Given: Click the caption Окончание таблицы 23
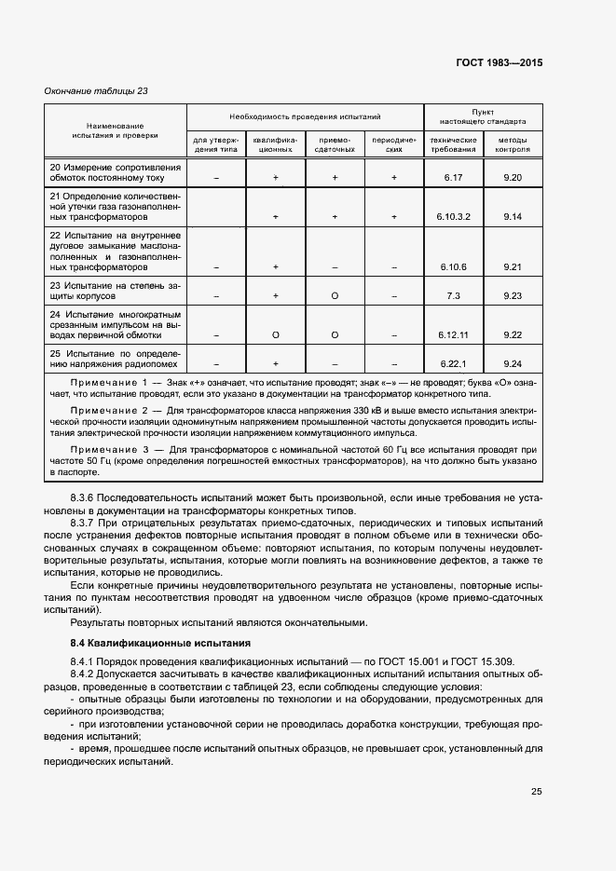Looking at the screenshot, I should (x=97, y=91).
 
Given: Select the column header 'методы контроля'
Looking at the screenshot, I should (x=512, y=143).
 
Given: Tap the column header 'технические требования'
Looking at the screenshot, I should (x=453, y=143).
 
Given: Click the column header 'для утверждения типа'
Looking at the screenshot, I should (x=216, y=143).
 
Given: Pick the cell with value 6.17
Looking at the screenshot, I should (x=453, y=176).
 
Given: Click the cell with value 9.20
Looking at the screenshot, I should (x=512, y=176).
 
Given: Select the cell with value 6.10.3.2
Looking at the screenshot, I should (x=453, y=216).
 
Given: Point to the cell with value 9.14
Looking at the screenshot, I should (x=512, y=216).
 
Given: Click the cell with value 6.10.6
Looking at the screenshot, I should (x=453, y=266).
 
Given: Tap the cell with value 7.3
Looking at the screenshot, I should (x=453, y=295).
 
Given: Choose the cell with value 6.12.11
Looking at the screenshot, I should (x=453, y=334).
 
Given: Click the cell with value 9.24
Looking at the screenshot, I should (x=512, y=363).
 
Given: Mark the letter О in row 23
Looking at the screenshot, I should (x=335, y=295).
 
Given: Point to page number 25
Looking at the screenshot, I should (x=536, y=792).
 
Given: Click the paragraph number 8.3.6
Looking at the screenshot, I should (x=83, y=498).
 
